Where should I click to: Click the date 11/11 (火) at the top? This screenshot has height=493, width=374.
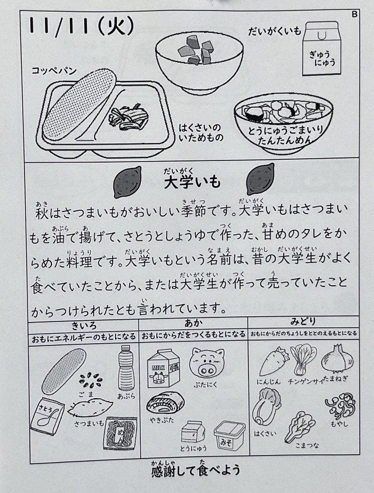coord(81,26)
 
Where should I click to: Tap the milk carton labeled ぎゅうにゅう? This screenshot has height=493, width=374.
coord(321,49)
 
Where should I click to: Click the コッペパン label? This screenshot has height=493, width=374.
coord(54,70)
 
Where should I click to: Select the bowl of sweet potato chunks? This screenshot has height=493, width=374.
coord(199,62)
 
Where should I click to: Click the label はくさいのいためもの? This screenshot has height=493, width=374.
coord(201,133)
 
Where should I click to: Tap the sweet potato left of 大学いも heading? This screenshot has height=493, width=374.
coord(127,182)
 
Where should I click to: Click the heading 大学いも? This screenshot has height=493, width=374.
coord(192,182)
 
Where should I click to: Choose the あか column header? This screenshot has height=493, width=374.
coord(193,323)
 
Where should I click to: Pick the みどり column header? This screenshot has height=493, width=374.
coord(303,321)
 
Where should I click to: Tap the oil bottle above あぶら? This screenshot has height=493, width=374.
coord(126,368)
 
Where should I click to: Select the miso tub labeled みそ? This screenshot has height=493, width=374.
coord(229,436)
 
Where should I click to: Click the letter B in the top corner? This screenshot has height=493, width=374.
coord(355,14)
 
